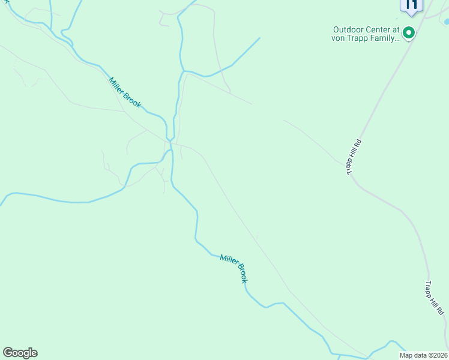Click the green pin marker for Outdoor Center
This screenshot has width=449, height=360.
coord(409,33)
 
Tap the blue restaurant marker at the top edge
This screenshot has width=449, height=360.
coord(411,5)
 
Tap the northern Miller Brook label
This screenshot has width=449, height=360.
coord(125,92)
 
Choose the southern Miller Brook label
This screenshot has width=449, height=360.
coord(234,268)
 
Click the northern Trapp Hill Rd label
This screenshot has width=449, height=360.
coord(354,157)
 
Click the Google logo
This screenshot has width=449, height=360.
coord(20,353)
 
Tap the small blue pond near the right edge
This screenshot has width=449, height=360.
coord(446,22)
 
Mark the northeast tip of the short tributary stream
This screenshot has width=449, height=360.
coord(259,38)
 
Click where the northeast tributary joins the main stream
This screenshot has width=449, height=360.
coord(182,71)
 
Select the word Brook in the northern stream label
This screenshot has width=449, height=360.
coord(133,100)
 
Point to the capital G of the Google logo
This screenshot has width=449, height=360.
coord(8,353)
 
